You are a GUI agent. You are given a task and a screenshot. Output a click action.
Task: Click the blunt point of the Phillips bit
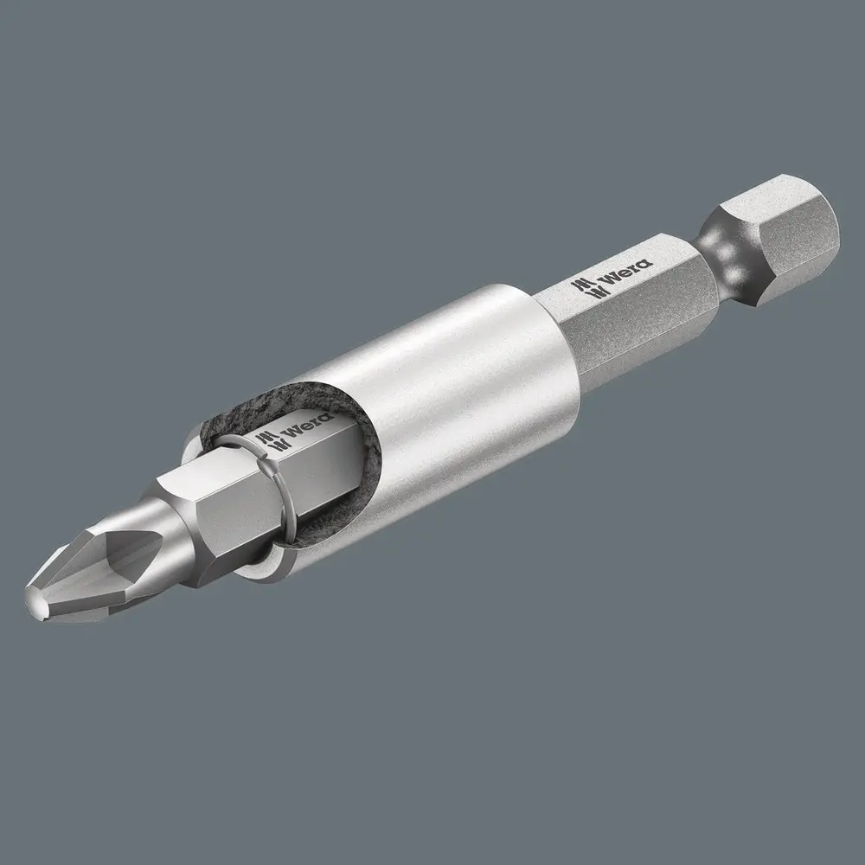[x=36, y=596]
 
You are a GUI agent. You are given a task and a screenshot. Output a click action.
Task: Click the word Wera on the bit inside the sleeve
[x=298, y=432]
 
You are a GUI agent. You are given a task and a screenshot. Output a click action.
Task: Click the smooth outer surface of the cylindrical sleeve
[x=450, y=407]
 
